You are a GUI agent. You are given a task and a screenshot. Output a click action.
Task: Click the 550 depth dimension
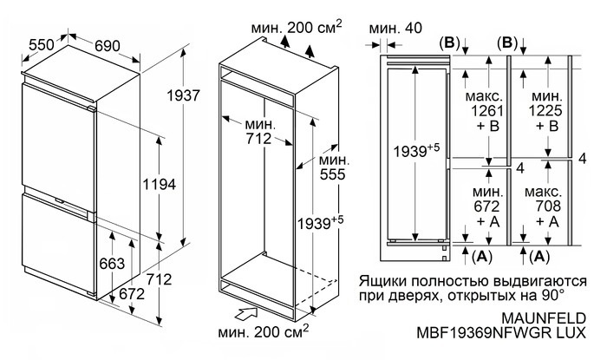click(x=40, y=43)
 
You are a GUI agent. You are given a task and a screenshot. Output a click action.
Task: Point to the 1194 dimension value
click(x=159, y=185)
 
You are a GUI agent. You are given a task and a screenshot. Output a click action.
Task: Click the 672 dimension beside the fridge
click(x=131, y=294)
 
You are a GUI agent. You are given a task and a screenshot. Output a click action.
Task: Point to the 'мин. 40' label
click(x=395, y=28)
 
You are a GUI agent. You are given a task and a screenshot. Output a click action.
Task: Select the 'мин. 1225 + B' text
click(x=546, y=110)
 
